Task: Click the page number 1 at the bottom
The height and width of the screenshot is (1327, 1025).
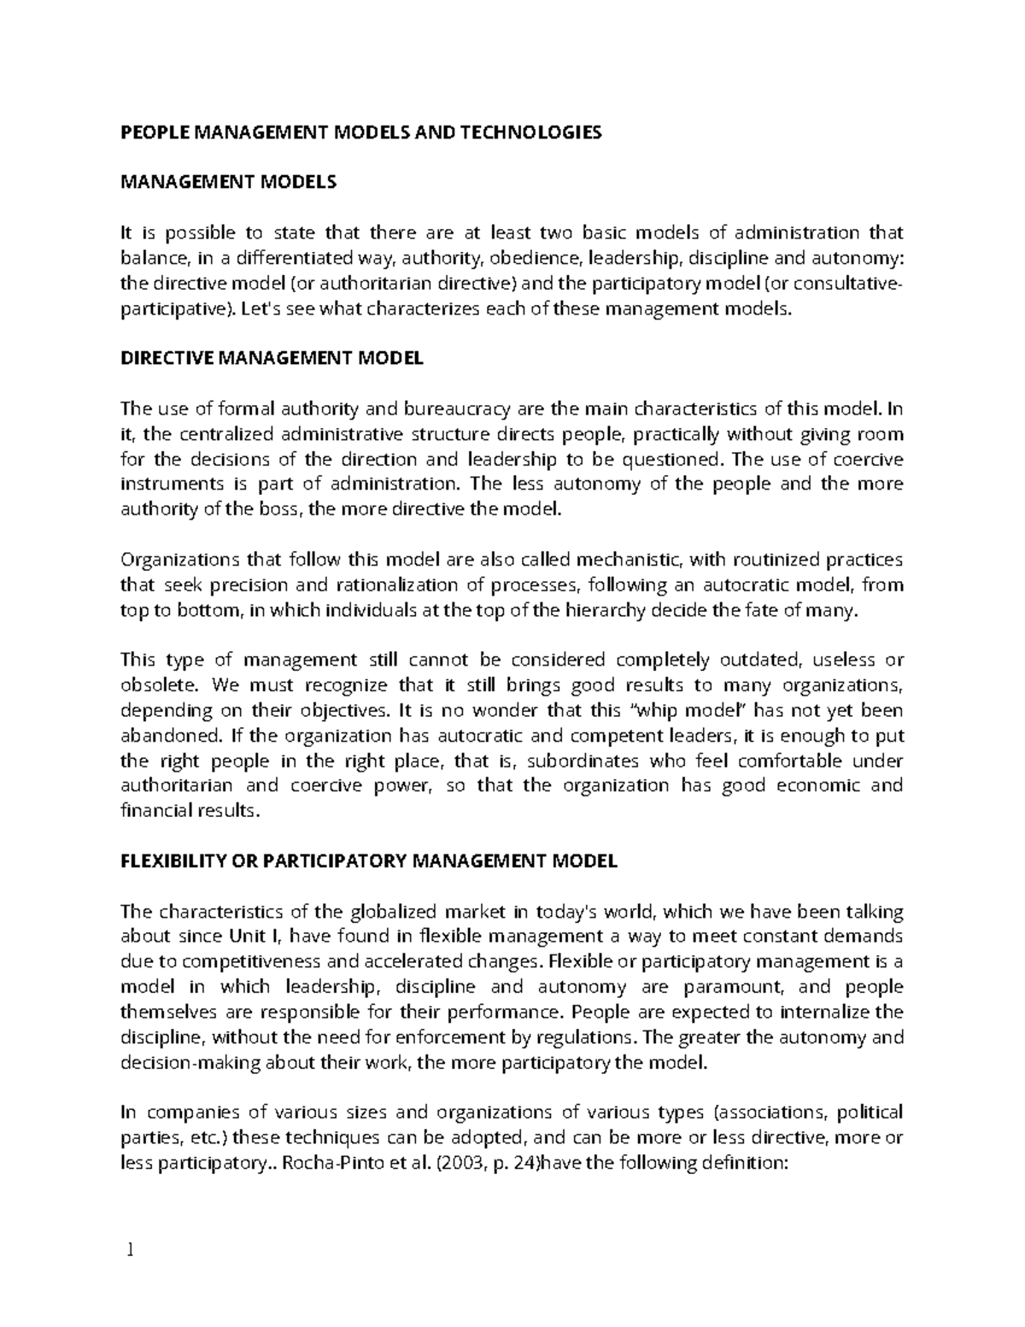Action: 130,1250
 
